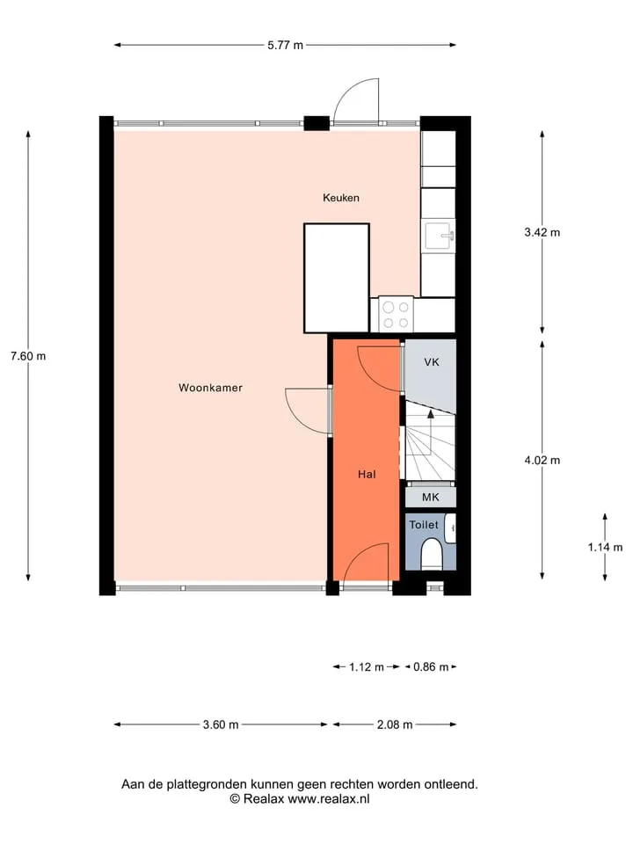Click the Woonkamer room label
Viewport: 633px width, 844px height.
click(x=210, y=388)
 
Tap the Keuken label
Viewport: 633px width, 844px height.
click(x=341, y=198)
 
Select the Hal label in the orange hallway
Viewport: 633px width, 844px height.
click(x=367, y=474)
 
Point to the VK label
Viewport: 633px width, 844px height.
click(x=432, y=362)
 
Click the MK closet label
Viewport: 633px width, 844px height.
click(x=431, y=497)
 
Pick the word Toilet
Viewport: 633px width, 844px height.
click(x=424, y=524)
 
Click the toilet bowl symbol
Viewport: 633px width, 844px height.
click(x=431, y=555)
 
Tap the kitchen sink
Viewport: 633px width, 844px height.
click(x=440, y=236)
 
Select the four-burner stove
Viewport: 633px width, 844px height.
click(x=396, y=315)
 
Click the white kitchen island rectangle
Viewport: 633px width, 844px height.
click(x=337, y=279)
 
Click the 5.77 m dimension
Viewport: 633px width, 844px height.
click(x=285, y=45)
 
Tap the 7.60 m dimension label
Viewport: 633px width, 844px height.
click(x=28, y=356)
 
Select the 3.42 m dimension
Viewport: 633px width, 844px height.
click(x=542, y=232)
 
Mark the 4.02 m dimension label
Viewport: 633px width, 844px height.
click(x=542, y=460)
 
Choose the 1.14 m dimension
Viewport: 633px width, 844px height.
click(x=605, y=547)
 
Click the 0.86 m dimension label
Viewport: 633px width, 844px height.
click(x=431, y=667)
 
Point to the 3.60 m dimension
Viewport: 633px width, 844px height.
click(x=221, y=724)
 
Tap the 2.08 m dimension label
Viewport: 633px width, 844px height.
click(x=395, y=724)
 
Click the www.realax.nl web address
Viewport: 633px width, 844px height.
click(x=328, y=799)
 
